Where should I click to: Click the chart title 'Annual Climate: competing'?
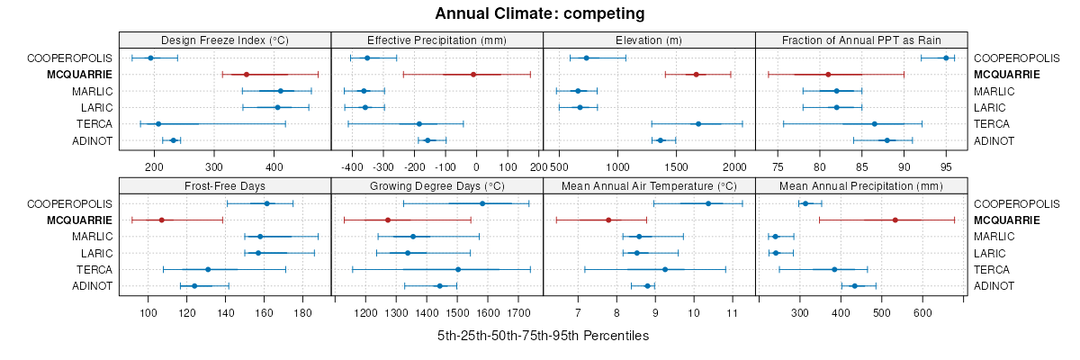[x=539, y=13]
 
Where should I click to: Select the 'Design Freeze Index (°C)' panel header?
[x=225, y=40]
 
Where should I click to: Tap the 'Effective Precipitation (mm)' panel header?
[x=437, y=40]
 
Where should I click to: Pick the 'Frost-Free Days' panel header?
[x=225, y=186]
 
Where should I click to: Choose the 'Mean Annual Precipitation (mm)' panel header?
[x=861, y=186]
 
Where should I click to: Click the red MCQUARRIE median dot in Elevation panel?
[x=696, y=75]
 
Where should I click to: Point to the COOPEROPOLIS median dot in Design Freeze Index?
[x=150, y=58]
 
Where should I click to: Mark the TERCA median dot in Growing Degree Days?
[x=458, y=269]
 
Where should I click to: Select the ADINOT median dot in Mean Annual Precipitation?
[x=855, y=285]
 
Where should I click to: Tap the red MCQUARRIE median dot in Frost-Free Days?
[x=161, y=220]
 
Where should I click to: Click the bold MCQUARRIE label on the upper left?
[x=80, y=75]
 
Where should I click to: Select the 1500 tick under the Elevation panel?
[x=677, y=166]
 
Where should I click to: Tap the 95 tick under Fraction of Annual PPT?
[x=946, y=166]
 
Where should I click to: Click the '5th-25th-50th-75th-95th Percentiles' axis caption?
[x=543, y=336]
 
